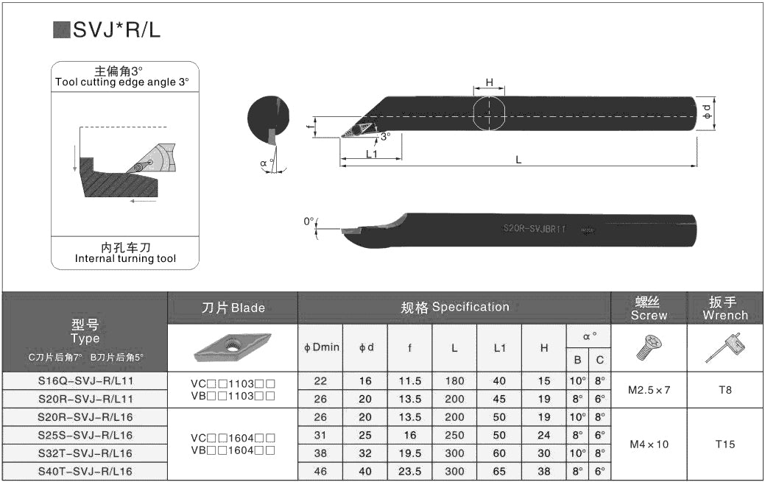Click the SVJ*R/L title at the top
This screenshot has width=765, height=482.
click(116, 29)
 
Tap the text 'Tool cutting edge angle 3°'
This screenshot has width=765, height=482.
click(121, 82)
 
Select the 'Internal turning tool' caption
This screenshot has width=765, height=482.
click(125, 258)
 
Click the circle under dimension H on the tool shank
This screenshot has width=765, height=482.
click(489, 114)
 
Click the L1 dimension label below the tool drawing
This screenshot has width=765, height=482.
click(372, 155)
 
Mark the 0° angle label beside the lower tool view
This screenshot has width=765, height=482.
click(309, 221)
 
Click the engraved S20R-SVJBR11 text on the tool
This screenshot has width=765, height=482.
click(534, 230)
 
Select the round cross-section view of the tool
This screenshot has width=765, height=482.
click(268, 119)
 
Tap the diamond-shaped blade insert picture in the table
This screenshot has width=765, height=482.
click(233, 347)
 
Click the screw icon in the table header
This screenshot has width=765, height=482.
click(648, 348)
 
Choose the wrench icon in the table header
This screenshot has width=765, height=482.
click(725, 348)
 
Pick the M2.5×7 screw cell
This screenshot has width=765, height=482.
click(649, 390)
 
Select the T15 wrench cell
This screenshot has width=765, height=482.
click(725, 444)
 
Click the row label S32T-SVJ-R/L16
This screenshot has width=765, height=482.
click(85, 453)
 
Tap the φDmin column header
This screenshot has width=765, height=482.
click(321, 347)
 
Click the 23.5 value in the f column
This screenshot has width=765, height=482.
click(409, 471)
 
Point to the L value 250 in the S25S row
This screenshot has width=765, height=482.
click(454, 435)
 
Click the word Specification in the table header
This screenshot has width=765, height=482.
click(470, 307)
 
